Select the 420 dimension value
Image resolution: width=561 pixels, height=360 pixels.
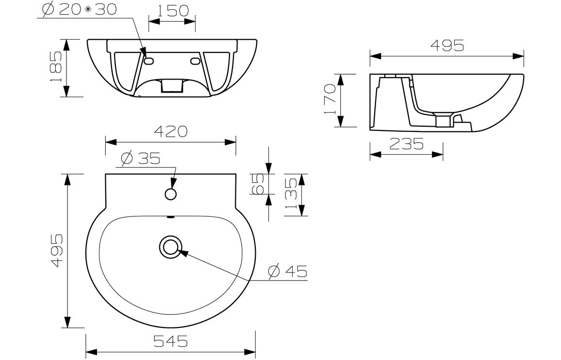point(170,131)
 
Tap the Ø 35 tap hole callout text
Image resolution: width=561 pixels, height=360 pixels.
point(141,159)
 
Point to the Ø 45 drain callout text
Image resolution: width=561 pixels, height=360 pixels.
point(289,271)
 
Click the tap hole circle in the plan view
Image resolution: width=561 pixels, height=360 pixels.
point(170,194)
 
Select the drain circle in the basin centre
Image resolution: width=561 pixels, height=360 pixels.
point(170,247)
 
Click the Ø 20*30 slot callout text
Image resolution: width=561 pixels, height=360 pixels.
point(79,10)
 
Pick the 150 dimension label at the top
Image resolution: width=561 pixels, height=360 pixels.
point(172,10)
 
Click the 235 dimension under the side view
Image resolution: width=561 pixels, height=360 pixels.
point(406,143)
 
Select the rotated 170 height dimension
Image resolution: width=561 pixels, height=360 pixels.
point(330,100)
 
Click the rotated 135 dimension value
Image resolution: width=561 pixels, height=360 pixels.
point(291,194)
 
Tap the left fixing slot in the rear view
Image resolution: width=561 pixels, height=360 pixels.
point(149,61)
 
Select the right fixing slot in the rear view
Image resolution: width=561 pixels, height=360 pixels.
point(196,61)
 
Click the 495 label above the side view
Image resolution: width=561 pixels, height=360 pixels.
point(447,45)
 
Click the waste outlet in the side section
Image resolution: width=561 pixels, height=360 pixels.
point(443,120)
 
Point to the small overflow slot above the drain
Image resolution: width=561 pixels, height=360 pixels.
point(170,217)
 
